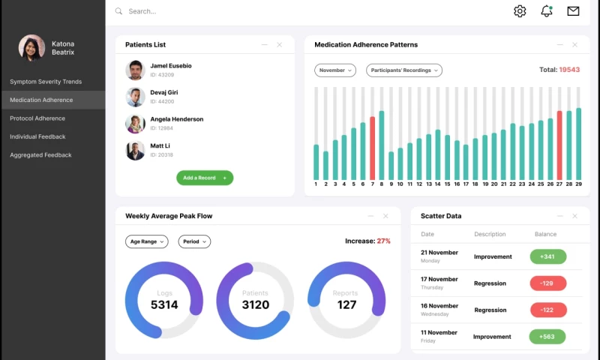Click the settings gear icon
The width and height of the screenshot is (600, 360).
pos(520,11)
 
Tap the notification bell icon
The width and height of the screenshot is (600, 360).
pos(547,11)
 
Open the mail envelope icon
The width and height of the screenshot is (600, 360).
pos(573,11)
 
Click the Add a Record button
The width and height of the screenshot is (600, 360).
pos(205,178)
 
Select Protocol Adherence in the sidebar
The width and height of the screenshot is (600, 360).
pos(37,118)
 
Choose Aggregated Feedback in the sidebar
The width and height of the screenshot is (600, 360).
pos(40,155)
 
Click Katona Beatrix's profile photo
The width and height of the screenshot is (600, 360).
pos(31,48)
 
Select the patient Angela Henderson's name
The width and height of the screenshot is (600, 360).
pos(176,119)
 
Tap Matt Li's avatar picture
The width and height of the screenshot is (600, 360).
pos(135,151)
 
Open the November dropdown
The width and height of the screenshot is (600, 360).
pos(335,70)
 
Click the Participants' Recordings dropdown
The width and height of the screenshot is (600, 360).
pos(404,70)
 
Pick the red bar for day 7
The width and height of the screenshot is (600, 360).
pos(372,148)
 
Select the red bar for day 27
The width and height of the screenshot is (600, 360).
pos(559,145)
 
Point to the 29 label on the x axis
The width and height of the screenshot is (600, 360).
pos(578,184)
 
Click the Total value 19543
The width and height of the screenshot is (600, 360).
pos(569,70)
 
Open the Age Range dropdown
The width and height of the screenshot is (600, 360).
pos(147,241)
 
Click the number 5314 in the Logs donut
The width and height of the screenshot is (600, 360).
pos(164,305)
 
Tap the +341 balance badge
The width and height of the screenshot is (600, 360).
pos(547,256)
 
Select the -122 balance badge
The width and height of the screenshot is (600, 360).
pos(547,310)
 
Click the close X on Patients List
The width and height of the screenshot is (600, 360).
pos(280,45)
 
